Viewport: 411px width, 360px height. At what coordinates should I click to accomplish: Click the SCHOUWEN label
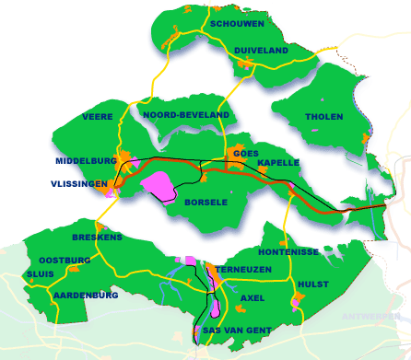(238, 24)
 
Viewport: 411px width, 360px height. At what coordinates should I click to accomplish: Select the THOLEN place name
(321, 117)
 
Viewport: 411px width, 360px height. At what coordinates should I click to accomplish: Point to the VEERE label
(97, 117)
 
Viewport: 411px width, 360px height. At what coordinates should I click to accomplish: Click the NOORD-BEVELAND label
(186, 114)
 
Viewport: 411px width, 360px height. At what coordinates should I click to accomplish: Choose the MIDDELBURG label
(85, 160)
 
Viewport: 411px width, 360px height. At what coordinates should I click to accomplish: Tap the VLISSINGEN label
(80, 184)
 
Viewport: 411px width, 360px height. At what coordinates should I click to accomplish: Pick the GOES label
(245, 153)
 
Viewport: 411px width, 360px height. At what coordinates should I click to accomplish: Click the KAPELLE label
(278, 163)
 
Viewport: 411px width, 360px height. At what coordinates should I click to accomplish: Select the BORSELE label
(205, 202)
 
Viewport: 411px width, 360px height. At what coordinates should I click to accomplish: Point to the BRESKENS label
(96, 237)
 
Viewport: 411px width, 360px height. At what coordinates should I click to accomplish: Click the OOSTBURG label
(65, 261)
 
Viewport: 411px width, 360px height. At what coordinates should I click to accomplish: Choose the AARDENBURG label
(86, 296)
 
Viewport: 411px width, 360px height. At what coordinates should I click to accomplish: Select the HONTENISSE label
(288, 251)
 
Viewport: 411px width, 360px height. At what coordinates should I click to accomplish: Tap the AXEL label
(252, 298)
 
